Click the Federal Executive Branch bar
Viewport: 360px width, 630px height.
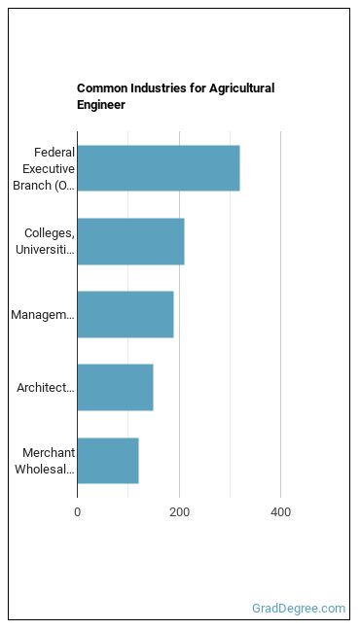pyautogui.click(x=159, y=168)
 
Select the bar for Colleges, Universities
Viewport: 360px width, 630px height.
pyautogui.click(x=130, y=241)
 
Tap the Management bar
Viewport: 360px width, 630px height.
pyautogui.click(x=126, y=315)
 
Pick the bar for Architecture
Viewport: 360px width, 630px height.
pyautogui.click(x=116, y=388)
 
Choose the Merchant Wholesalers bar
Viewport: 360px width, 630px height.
pyautogui.click(x=108, y=461)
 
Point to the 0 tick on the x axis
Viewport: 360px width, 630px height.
pyautogui.click(x=77, y=512)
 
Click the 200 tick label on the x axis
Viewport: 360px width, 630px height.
pyautogui.click(x=179, y=512)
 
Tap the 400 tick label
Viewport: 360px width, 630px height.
pyautogui.click(x=281, y=512)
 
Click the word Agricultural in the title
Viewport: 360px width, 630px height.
pyautogui.click(x=241, y=88)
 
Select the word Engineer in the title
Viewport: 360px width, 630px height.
pyautogui.click(x=101, y=105)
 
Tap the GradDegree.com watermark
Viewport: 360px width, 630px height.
pyautogui.click(x=299, y=609)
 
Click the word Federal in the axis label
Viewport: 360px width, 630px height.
pyautogui.click(x=54, y=153)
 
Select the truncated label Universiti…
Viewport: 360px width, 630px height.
pyautogui.click(x=45, y=250)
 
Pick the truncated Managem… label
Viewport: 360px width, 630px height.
pyautogui.click(x=43, y=315)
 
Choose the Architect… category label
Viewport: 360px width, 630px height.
pyautogui.click(x=46, y=388)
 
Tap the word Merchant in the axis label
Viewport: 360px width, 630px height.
pyautogui.click(x=49, y=452)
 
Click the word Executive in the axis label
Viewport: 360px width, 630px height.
pyautogui.click(x=49, y=169)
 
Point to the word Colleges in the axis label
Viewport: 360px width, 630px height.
pyautogui.click(x=50, y=233)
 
